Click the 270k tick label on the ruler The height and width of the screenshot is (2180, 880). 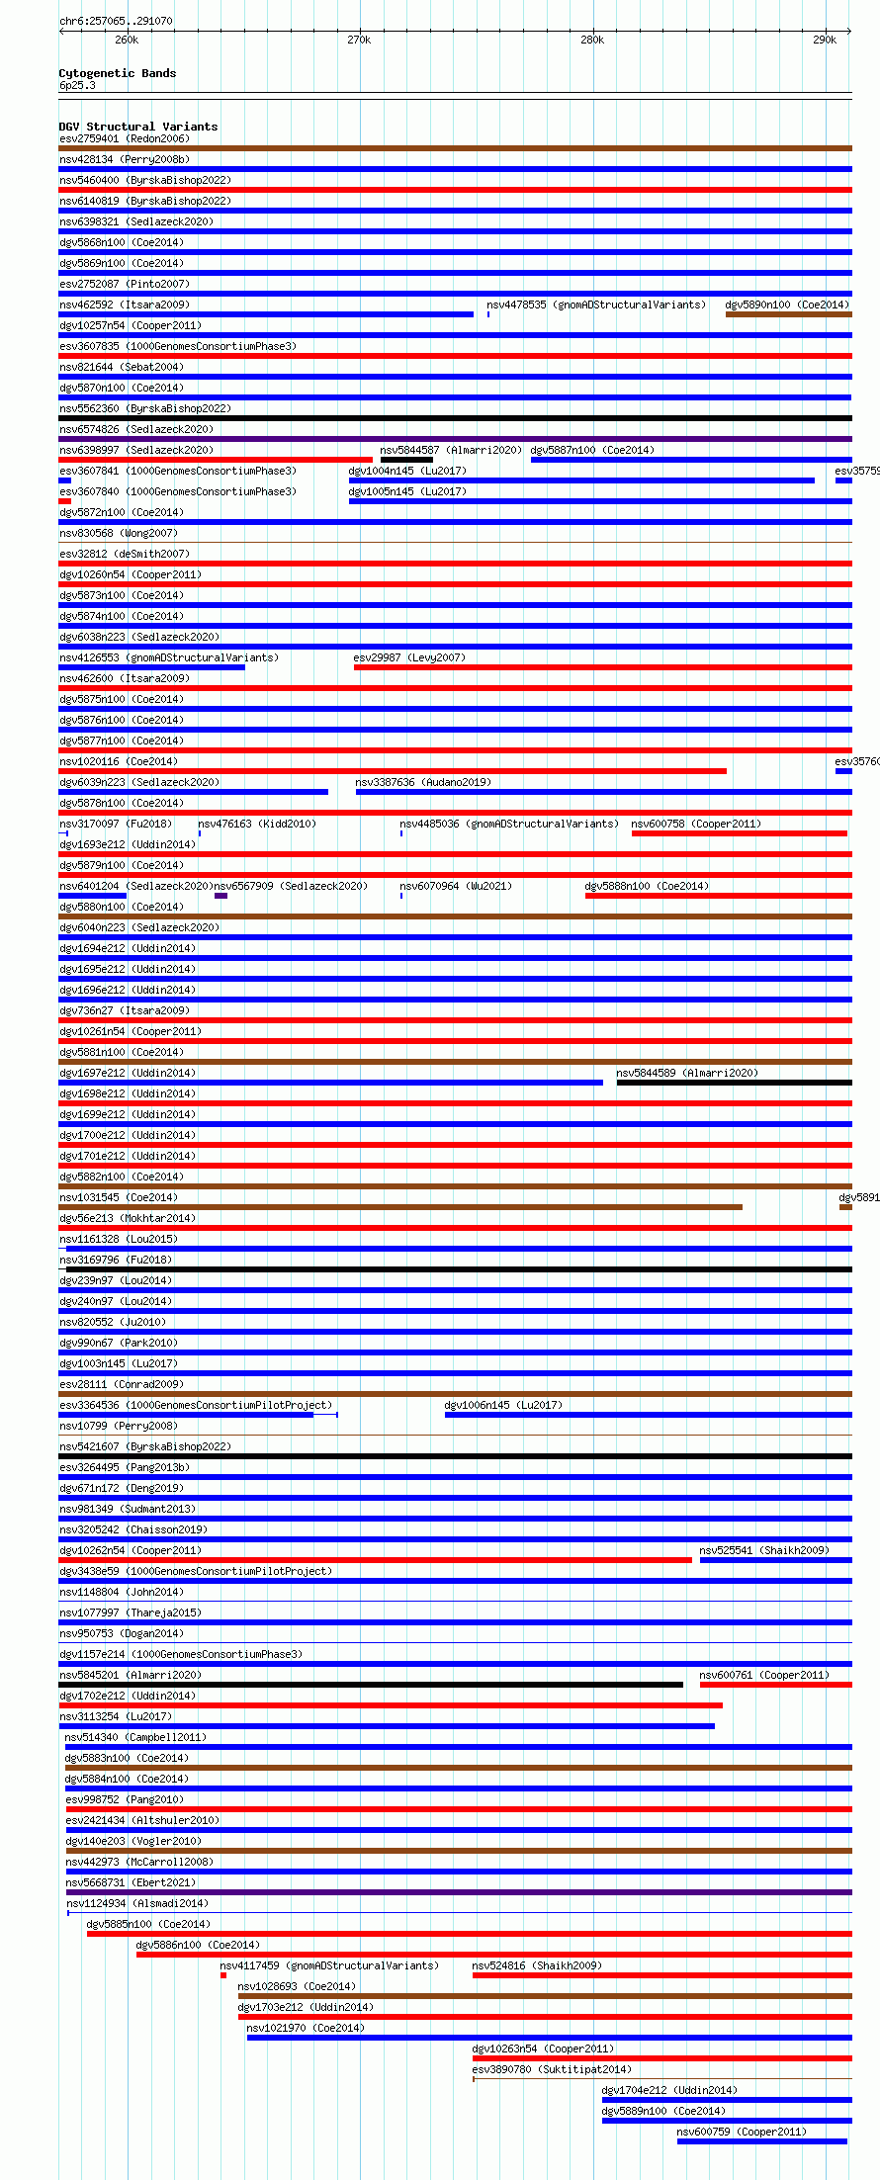[359, 40]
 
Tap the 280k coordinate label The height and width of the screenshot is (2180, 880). [592, 40]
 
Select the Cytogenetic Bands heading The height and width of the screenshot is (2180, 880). [117, 73]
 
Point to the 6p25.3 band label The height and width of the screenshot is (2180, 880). [77, 85]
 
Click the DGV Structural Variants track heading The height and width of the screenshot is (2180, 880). [137, 127]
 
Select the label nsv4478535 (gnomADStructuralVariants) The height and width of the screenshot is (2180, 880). [596, 305]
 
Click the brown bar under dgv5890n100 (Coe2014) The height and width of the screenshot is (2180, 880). [788, 314]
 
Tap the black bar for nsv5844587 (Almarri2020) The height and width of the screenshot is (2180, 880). [406, 460]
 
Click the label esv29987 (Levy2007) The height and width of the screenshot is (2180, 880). [409, 657]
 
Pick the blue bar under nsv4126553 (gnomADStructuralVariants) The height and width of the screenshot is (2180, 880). [151, 667]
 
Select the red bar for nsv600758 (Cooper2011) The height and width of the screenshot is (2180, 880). [739, 833]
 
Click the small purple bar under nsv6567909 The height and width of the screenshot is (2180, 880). [220, 896]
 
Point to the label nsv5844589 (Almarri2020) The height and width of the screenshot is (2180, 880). [687, 1073]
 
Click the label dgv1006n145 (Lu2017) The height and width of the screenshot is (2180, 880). [503, 1405]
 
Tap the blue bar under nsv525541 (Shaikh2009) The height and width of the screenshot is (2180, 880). [775, 1560]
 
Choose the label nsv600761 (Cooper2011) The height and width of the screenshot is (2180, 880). [764, 1675]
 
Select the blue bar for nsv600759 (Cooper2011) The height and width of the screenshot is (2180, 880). [761, 2141]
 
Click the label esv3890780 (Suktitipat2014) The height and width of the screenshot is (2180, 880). [551, 2069]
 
